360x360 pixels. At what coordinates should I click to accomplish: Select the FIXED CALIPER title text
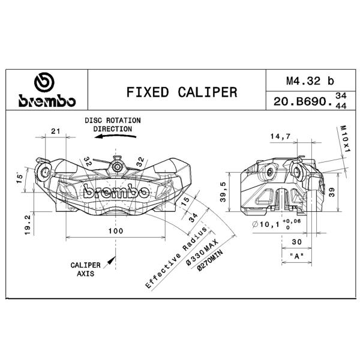pyautogui.click(x=181, y=92)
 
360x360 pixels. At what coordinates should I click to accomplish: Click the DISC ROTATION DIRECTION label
pyautogui.click(x=112, y=124)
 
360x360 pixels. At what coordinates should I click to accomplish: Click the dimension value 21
pyautogui.click(x=56, y=131)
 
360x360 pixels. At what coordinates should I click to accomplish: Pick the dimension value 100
pyautogui.click(x=116, y=231)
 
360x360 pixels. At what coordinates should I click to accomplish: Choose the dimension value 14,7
pyautogui.click(x=280, y=137)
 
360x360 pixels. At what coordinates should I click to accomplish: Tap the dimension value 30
pyautogui.click(x=296, y=242)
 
